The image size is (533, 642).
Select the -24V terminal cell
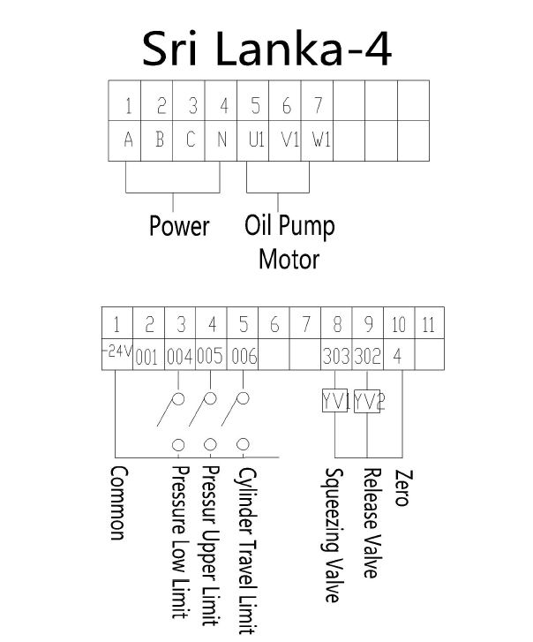(116, 355)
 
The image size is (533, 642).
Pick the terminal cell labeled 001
(147, 358)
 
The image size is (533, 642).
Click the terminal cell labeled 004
(179, 358)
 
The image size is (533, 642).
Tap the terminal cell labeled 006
(243, 358)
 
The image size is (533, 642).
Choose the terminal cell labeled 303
(336, 358)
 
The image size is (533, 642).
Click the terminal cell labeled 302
(367, 358)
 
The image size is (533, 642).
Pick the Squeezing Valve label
(334, 535)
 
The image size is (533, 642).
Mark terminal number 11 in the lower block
(429, 325)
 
